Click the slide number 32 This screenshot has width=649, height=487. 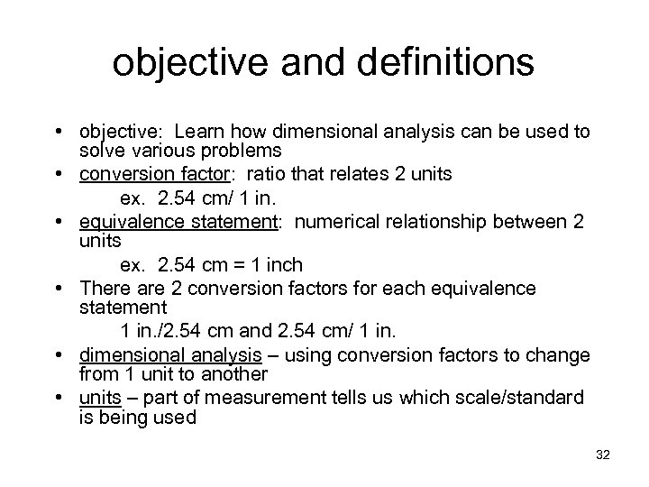click(602, 455)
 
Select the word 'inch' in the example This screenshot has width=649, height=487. click(286, 266)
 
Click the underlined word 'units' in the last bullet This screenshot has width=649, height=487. click(99, 398)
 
